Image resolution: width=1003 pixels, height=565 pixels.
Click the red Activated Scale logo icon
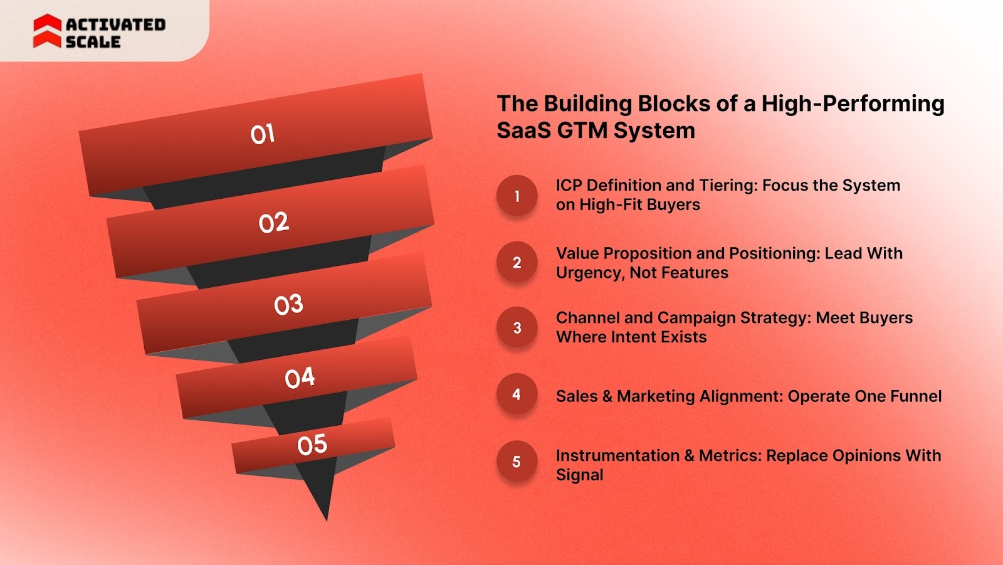[x=47, y=31]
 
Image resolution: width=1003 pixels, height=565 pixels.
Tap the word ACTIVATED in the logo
[x=115, y=24]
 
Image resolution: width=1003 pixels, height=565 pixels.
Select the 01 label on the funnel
[x=263, y=134]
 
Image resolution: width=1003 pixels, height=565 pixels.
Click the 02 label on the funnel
[x=274, y=223]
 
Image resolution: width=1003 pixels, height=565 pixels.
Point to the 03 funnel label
[x=288, y=305]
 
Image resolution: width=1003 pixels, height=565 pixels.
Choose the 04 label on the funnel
[x=300, y=378]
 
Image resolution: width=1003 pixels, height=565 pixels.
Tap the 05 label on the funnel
[x=312, y=445]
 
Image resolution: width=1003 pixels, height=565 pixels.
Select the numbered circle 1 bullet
[x=517, y=196]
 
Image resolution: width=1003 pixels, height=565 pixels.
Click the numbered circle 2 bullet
[x=517, y=262]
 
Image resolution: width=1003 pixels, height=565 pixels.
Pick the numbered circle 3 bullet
[x=517, y=327]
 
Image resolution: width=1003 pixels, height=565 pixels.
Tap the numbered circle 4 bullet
[x=517, y=394]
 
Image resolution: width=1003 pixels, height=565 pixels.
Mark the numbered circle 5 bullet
[x=517, y=462]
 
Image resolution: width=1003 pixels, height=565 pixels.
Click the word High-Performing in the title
[x=853, y=104]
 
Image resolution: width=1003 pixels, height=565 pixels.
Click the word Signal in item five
[x=580, y=475]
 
